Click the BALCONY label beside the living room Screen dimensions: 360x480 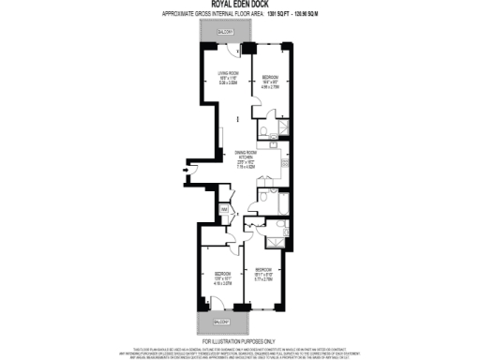point(226,32)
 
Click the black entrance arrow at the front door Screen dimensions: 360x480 point(185,170)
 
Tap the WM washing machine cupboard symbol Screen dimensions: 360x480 point(223,209)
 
